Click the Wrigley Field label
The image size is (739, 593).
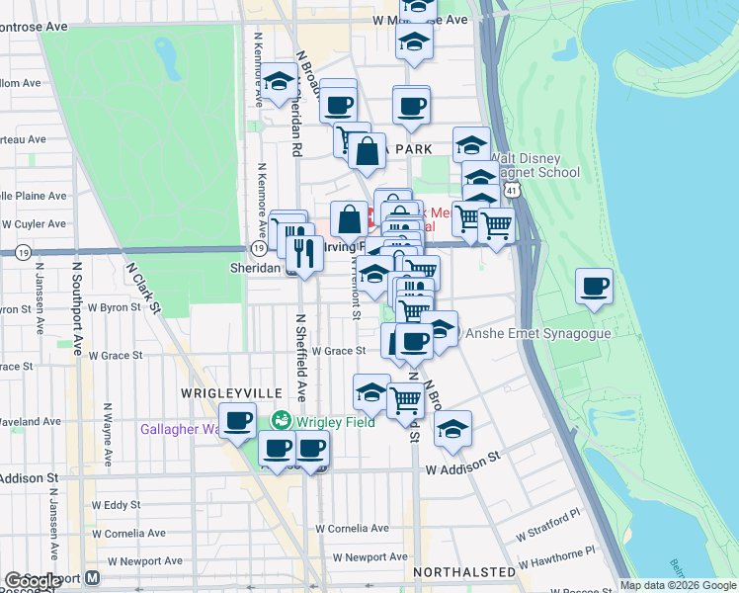pyautogui.click(x=331, y=420)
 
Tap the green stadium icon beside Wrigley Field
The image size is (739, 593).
pyautogui.click(x=282, y=420)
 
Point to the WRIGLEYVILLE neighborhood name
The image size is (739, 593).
pyautogui.click(x=218, y=392)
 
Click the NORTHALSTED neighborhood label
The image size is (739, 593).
pyautogui.click(x=464, y=572)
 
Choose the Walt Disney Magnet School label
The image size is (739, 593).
pyautogui.click(x=534, y=165)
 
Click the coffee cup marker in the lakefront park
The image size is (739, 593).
pyautogui.click(x=595, y=287)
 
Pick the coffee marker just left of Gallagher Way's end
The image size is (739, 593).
pyautogui.click(x=237, y=421)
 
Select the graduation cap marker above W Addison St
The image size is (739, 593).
pyautogui.click(x=452, y=428)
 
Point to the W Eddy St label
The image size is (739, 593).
pyautogui.click(x=116, y=505)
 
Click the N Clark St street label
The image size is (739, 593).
pyautogui.click(x=144, y=287)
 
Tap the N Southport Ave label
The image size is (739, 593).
pyautogui.click(x=77, y=307)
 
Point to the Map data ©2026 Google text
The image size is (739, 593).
pyautogui.click(x=678, y=585)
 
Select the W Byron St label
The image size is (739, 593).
pyautogui.click(x=110, y=307)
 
